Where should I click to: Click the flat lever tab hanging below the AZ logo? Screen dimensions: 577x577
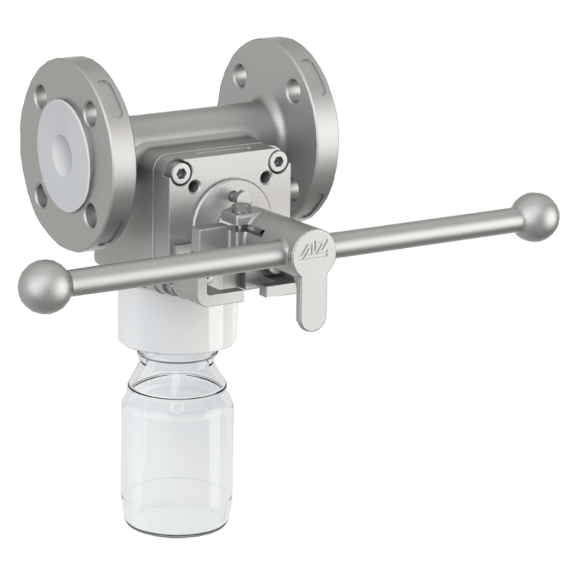[x=311, y=303]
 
